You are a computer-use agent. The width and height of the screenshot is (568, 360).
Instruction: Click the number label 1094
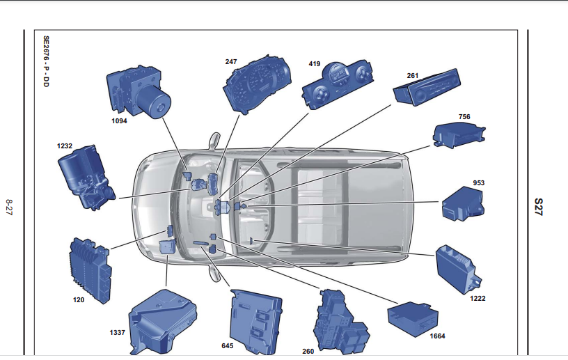[120, 121]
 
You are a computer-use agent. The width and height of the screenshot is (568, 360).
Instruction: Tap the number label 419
[315, 64]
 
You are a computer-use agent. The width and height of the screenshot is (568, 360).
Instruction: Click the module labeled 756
[456, 134]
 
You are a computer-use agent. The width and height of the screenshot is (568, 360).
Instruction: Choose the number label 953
[478, 183]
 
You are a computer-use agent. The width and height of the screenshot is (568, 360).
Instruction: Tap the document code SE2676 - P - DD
[46, 66]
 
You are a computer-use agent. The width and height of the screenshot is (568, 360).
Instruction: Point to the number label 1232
[65, 146]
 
